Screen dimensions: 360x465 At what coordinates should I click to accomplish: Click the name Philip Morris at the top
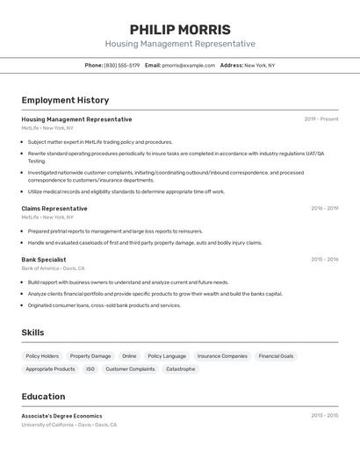(x=180, y=29)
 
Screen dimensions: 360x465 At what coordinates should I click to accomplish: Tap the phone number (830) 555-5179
(x=122, y=65)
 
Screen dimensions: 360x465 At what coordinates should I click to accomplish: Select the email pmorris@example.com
(x=189, y=65)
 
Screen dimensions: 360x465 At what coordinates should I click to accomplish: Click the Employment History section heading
(x=65, y=100)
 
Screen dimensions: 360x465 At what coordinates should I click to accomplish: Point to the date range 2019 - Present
(x=320, y=119)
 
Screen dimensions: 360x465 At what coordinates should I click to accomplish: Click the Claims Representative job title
(x=54, y=209)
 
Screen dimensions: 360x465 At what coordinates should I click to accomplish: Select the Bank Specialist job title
(x=44, y=260)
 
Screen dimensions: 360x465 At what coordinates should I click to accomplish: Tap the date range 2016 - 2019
(x=324, y=209)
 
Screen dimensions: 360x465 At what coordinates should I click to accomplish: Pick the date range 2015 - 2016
(x=324, y=260)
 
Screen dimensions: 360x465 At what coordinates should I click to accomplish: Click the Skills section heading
(x=32, y=333)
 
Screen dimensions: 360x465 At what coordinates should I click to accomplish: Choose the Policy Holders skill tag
(x=42, y=356)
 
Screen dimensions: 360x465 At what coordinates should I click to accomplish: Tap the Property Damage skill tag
(x=90, y=356)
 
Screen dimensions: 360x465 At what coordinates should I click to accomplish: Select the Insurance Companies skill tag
(x=222, y=356)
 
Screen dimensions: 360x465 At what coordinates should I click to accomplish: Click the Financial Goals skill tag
(x=276, y=356)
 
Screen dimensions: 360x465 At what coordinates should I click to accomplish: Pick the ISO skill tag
(x=90, y=369)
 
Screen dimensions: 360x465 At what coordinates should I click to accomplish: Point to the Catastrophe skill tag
(x=181, y=369)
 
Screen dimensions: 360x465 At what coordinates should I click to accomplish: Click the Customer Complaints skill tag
(x=130, y=369)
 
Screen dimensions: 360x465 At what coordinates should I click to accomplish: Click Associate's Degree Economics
(x=61, y=416)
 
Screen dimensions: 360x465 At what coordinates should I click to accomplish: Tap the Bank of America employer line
(x=53, y=268)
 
